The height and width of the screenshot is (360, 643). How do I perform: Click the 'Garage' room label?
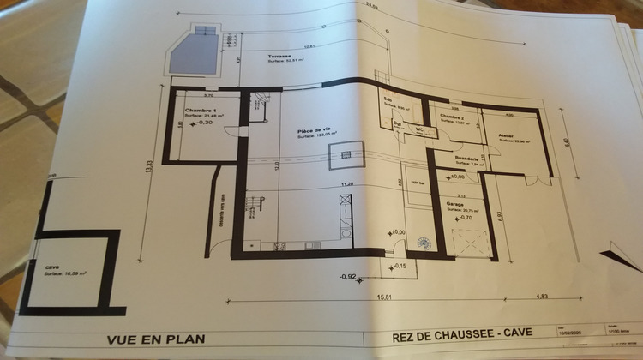(454, 204)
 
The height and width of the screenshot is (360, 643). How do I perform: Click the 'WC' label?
(420, 129)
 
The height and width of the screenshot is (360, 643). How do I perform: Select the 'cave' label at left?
(29, 267)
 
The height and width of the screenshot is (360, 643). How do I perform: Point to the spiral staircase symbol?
(424, 243)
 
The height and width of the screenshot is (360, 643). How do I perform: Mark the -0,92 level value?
(347, 277)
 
